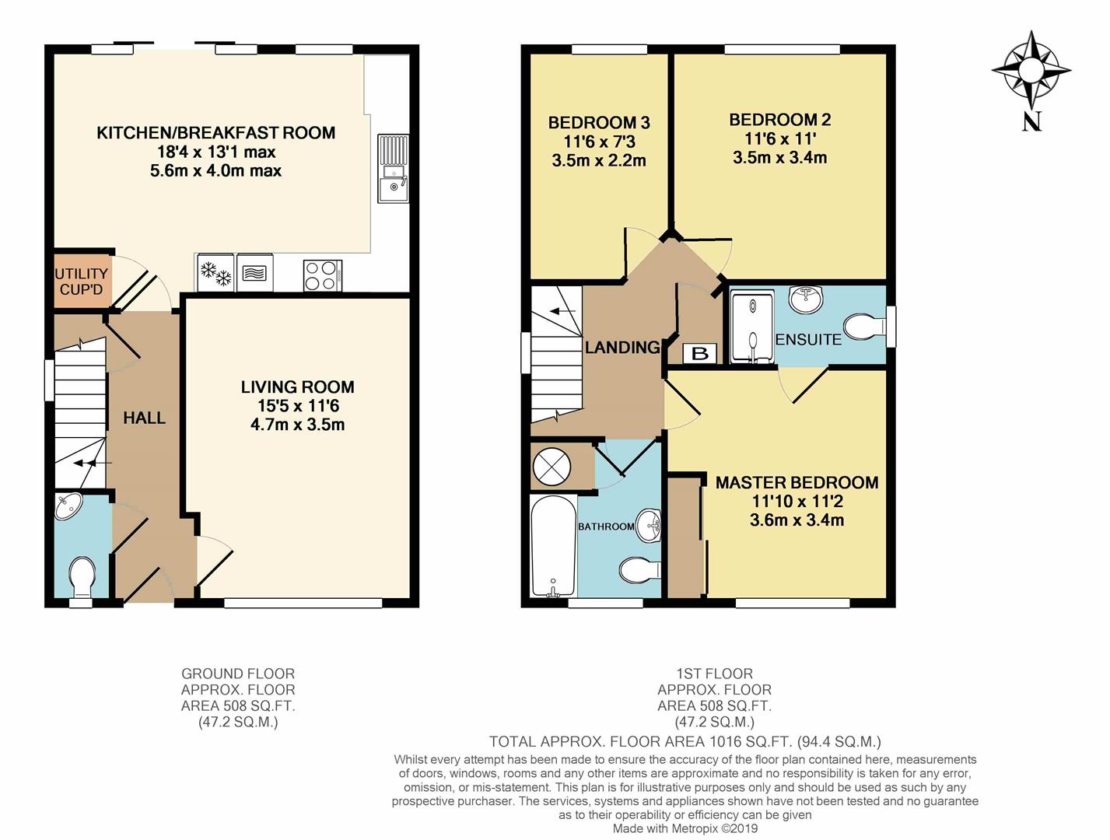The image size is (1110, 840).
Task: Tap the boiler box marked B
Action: tap(699, 354)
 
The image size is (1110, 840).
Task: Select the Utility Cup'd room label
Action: tap(81, 281)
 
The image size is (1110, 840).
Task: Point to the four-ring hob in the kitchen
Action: tap(322, 275)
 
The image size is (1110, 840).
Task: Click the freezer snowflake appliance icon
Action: tap(215, 273)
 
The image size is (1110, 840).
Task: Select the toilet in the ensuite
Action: tap(863, 327)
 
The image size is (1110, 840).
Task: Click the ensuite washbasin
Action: tap(806, 299)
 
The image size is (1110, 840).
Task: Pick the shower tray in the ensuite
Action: tap(752, 327)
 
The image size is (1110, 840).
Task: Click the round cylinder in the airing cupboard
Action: tap(551, 467)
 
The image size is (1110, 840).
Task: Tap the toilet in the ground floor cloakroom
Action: tap(82, 576)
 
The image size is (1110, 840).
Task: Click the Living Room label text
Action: tap(297, 387)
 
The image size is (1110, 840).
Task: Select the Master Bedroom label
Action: tap(797, 482)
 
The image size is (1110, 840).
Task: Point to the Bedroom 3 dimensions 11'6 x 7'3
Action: tap(599, 142)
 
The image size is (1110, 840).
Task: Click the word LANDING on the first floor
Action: tap(622, 348)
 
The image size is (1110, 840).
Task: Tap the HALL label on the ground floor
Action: tap(144, 418)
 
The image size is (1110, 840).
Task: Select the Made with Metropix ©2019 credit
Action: tap(685, 828)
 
